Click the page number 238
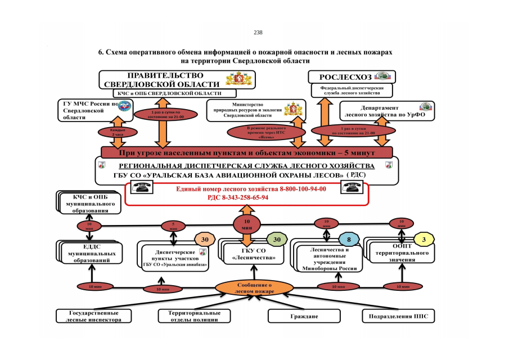[x=258, y=33]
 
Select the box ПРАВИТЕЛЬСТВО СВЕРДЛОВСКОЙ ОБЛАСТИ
[x=177, y=79]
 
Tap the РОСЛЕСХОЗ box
[x=352, y=76]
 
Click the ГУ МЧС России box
[x=95, y=110]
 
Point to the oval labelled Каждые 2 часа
[x=111, y=132]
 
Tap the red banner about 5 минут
[x=246, y=152]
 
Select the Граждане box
[x=304, y=316]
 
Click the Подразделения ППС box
[x=398, y=316]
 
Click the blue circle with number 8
[x=349, y=238]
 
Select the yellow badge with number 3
[x=424, y=238]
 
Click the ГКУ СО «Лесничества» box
[x=254, y=253]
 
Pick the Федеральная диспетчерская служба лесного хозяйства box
[x=352, y=90]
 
